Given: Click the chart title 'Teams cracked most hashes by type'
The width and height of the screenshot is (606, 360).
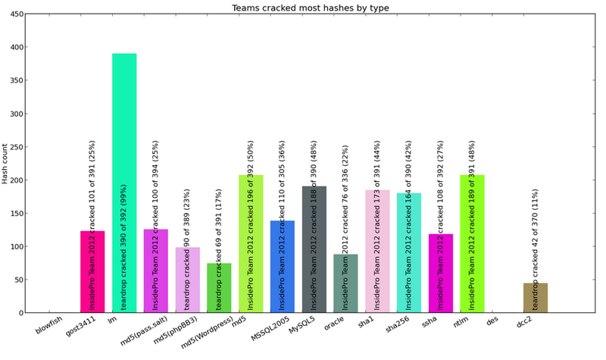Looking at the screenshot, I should coord(302,8).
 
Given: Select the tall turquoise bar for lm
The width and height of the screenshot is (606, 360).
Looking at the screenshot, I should coord(124,182).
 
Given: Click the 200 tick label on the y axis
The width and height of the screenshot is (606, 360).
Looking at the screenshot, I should coord(15,180).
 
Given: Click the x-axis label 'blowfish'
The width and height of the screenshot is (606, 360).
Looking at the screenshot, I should coord(48,327).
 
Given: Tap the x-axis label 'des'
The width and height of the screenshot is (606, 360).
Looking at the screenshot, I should coord(492,321).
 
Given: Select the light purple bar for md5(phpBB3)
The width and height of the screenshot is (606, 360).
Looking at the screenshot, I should coord(187,280).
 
